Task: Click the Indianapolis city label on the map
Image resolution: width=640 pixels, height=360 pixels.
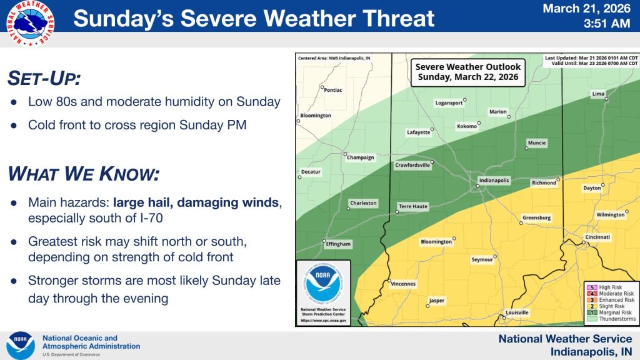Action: click(494, 180)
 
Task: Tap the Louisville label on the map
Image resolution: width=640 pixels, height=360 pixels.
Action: click(517, 312)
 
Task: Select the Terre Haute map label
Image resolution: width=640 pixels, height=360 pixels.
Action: click(412, 206)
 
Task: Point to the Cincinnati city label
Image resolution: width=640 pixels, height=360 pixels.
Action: click(597, 237)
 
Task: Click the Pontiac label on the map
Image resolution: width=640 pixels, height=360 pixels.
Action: click(334, 90)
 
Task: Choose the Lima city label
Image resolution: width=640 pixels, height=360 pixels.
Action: click(598, 94)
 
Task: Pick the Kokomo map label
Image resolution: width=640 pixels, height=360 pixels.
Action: click(467, 126)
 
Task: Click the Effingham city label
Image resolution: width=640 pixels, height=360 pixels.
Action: click(338, 244)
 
